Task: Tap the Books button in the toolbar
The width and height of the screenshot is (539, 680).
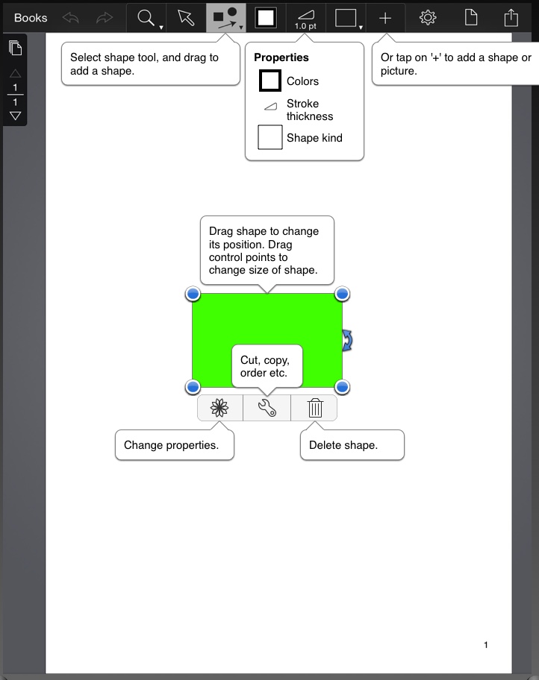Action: point(31,17)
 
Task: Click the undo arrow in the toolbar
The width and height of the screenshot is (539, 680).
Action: point(71,17)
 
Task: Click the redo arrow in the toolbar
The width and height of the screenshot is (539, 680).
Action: point(105,17)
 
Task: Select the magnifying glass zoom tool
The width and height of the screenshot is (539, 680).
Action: point(146,17)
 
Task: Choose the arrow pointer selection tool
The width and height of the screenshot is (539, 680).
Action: point(186,17)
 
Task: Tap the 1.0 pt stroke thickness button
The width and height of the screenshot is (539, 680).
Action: point(305,18)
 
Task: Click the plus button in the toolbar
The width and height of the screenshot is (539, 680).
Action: point(385,17)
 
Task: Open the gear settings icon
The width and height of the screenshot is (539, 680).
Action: point(428,17)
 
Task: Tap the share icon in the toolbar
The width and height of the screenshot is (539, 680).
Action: point(511,17)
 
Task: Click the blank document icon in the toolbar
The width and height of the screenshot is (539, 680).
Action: point(469,17)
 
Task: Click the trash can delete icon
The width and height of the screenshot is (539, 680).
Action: point(315,408)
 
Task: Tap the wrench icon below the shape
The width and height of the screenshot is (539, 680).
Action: point(267,408)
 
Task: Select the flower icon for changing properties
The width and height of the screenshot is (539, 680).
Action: point(219,408)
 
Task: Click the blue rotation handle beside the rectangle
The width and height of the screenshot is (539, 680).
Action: point(347,340)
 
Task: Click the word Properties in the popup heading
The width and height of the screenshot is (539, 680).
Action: point(281,57)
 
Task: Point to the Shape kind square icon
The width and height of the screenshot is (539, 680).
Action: point(269,138)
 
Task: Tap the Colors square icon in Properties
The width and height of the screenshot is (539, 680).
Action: point(269,81)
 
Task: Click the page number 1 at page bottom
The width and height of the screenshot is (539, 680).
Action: point(486,645)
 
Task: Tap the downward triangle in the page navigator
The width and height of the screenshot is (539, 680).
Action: point(15,116)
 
